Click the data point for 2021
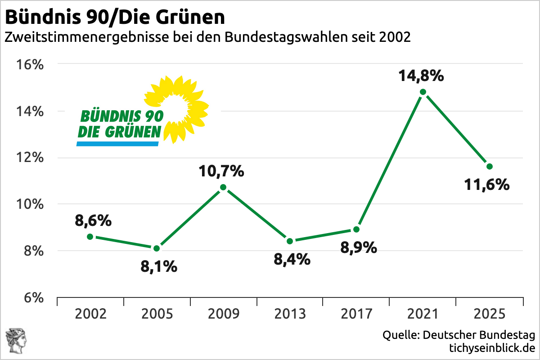pos(423,92)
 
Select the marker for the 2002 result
pos(90,237)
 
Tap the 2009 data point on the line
pos(223,187)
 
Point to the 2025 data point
pos(490,166)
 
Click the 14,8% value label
pos(421,76)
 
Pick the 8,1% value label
pos(159,267)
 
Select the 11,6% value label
pos(487,184)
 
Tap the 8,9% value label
pos(359,247)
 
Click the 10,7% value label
pos(222,171)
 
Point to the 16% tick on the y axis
pos(31,64)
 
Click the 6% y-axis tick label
pos(33,298)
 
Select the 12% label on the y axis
pos(31,158)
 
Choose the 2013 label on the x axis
pos(290,314)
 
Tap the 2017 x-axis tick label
pos(356,314)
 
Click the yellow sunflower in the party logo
pos(178,106)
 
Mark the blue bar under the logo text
pos(118,144)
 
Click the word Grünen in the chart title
pos(192,18)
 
